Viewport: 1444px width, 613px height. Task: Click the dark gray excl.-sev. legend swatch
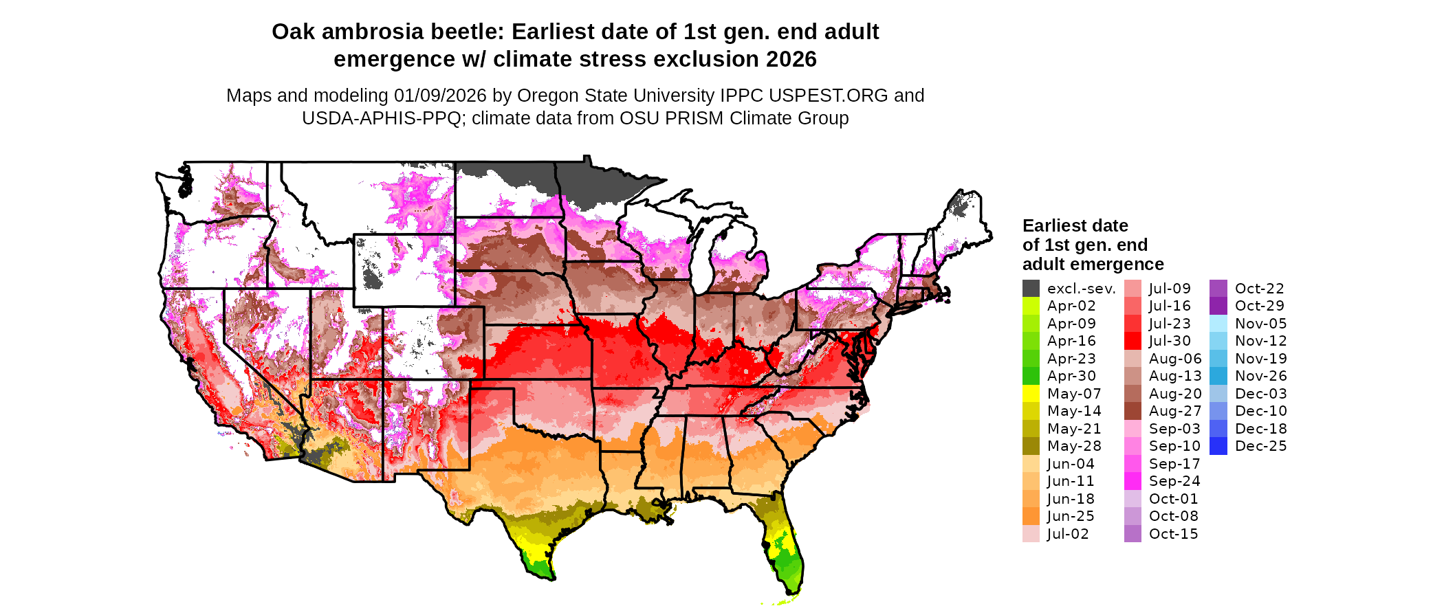coord(1031,289)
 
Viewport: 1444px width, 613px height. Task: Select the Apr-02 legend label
coord(1071,306)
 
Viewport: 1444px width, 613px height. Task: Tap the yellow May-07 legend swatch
coord(1031,394)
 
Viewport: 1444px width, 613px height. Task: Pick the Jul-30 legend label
coord(1170,341)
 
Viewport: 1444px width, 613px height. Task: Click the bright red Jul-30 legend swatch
coord(1133,341)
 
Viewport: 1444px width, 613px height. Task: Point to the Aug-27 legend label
coord(1175,411)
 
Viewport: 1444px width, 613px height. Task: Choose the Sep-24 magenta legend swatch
coord(1133,481)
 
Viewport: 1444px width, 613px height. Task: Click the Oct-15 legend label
coord(1173,534)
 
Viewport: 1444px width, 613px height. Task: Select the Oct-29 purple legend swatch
coord(1218,306)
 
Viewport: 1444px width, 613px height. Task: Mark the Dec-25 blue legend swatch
coord(1218,446)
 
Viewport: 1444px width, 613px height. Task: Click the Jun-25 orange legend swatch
coord(1031,516)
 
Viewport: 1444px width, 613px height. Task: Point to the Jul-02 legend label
coord(1068,534)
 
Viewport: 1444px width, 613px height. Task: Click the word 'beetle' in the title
coord(466,32)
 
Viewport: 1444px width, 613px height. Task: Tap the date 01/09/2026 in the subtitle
coord(440,96)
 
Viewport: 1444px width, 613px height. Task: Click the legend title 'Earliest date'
coord(1075,225)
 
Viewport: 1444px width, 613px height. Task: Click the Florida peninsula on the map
coord(787,553)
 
